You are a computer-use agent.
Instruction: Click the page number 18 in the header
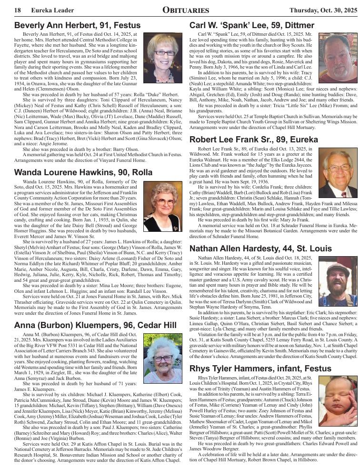(17, 10)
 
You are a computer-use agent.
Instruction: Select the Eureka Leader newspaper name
(49, 10)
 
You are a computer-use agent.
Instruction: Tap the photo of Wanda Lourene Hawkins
(163, 206)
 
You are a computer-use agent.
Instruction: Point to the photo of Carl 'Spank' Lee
(338, 58)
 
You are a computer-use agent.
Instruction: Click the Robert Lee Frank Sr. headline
(253, 139)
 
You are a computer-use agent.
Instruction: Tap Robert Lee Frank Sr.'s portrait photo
(338, 173)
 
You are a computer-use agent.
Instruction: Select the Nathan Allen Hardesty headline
(260, 249)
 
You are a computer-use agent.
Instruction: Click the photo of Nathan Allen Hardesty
(338, 282)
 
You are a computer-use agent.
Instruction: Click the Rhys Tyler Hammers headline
(260, 368)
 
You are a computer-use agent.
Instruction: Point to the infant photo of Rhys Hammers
(338, 401)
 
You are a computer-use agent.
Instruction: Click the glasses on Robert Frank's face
(339, 168)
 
